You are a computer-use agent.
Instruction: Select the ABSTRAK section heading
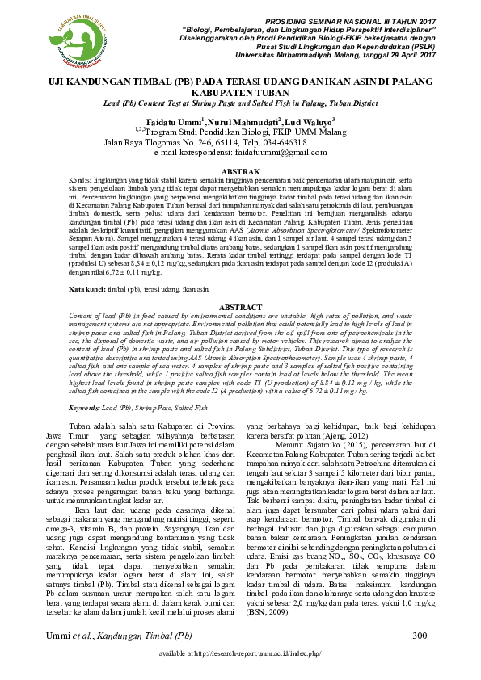(x=240, y=172)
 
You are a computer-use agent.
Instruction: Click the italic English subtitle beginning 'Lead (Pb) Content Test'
(x=240, y=105)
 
